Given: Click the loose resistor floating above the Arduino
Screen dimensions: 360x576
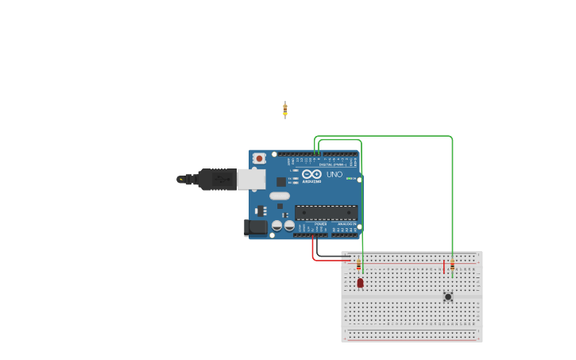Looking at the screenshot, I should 285,110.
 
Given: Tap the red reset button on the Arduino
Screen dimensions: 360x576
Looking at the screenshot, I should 259,159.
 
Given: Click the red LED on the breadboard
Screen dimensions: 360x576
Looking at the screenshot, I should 360,282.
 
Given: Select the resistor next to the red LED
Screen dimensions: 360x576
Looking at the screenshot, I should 358,265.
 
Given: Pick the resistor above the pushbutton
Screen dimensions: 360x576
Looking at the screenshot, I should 452,266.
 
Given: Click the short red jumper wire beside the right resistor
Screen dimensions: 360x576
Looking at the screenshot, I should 443,266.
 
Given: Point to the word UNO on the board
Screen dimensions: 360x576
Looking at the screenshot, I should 334,174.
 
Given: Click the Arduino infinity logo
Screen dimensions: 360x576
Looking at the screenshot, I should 311,174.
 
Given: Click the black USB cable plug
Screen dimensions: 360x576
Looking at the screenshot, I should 216,180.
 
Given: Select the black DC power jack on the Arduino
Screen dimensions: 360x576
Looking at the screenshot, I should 256,227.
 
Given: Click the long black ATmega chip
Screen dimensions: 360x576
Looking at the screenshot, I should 326,212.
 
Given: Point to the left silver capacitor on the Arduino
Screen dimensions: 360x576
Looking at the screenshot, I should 276,226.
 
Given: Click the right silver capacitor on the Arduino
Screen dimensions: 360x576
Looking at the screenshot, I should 289,226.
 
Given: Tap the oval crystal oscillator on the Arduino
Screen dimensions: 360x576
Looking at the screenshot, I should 280,195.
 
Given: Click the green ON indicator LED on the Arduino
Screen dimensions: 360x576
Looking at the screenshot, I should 350,178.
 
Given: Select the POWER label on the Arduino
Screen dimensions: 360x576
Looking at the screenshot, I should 320,224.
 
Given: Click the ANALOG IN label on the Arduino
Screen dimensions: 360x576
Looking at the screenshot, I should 346,224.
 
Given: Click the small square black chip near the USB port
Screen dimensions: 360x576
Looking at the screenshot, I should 280,182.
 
